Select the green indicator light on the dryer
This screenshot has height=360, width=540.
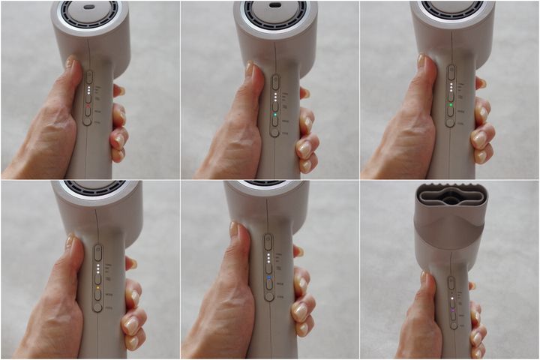pyautogui.click(x=451, y=106)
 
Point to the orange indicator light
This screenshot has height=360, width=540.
pyautogui.click(x=97, y=286)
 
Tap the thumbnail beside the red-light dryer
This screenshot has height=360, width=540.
pyautogui.click(x=71, y=63)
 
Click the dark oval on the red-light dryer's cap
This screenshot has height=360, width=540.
pyautogui.click(x=88, y=7)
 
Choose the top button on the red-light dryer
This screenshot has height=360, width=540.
pyautogui.click(x=88, y=76)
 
